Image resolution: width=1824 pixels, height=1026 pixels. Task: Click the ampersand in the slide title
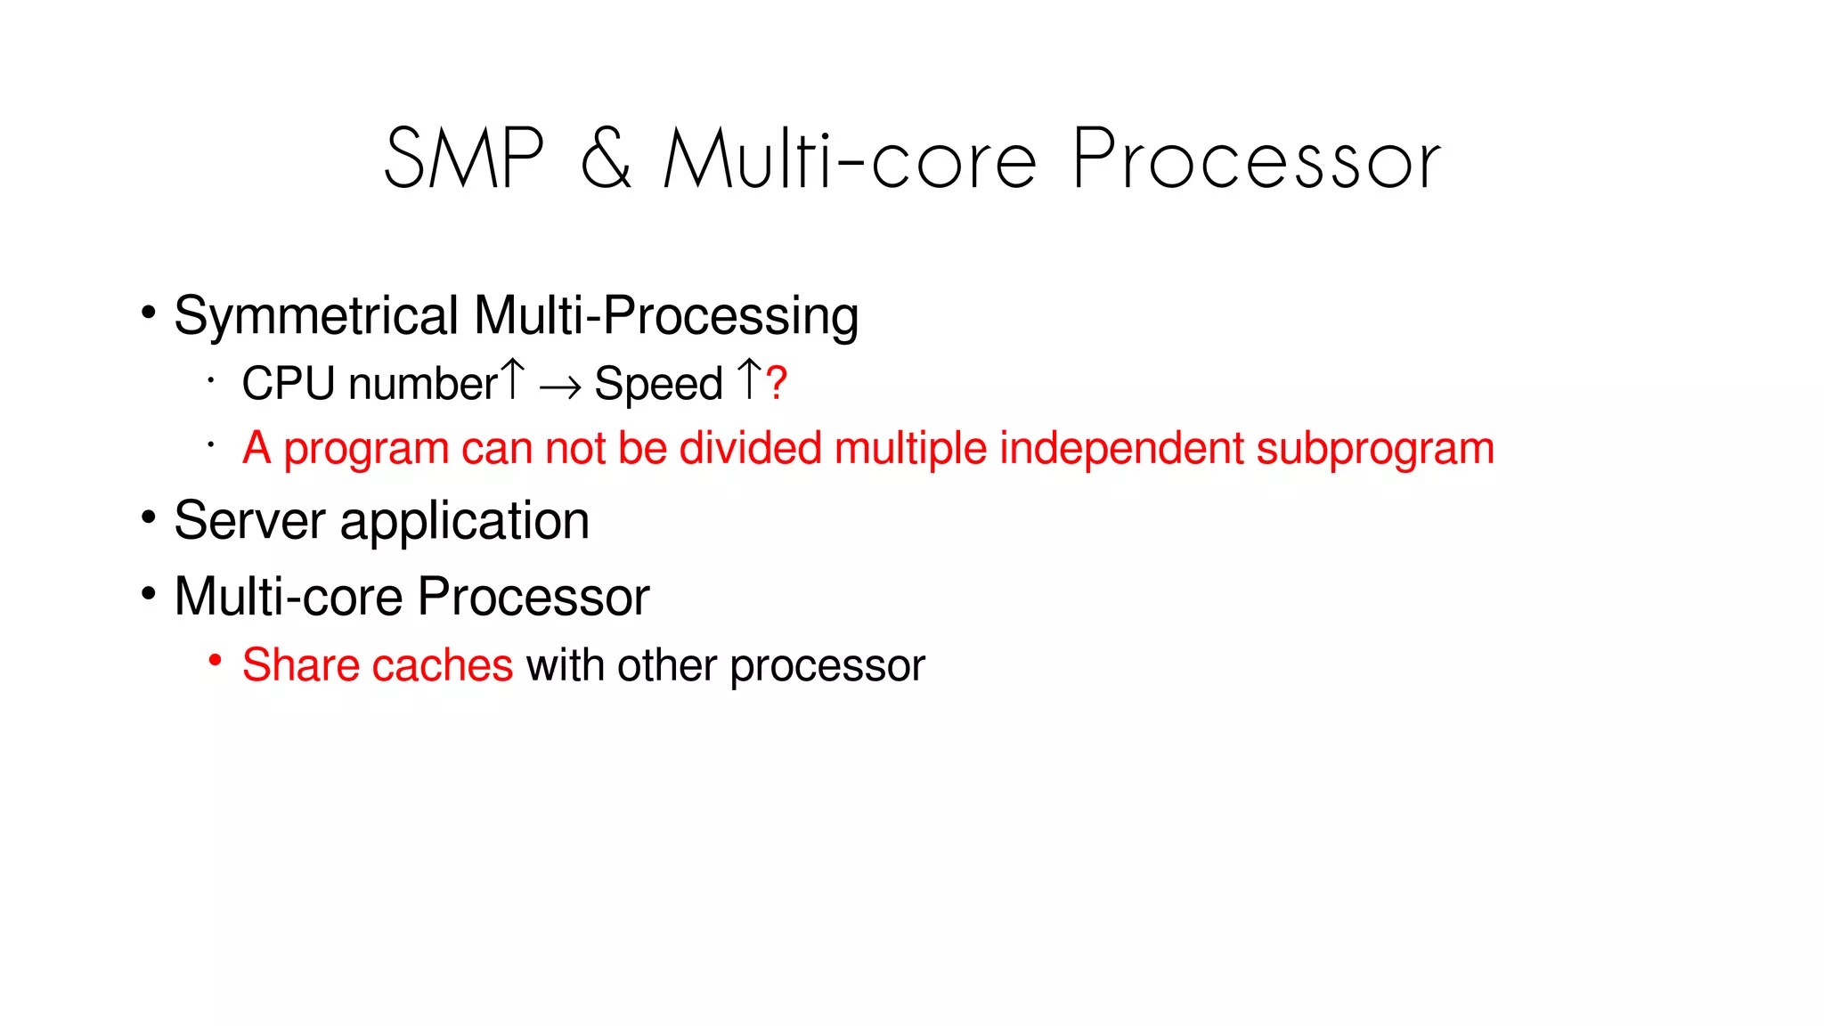(606, 159)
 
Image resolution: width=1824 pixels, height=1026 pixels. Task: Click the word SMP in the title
(463, 159)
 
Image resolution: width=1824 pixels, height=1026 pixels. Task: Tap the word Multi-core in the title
(851, 159)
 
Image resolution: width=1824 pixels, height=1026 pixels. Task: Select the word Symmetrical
(316, 316)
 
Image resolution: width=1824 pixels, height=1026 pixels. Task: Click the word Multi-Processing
(666, 316)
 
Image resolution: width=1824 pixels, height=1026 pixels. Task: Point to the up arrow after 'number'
(512, 380)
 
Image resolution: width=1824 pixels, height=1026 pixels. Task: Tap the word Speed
(658, 385)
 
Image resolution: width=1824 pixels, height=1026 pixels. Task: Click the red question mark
(777, 383)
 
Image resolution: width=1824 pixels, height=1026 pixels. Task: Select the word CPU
(289, 384)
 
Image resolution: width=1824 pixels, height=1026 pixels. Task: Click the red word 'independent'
(1121, 448)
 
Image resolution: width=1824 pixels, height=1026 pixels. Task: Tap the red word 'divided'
(750, 448)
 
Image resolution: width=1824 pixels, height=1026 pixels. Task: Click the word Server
(249, 521)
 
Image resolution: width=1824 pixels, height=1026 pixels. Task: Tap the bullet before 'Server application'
(149, 517)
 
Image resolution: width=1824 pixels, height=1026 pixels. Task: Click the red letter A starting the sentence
(256, 448)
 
